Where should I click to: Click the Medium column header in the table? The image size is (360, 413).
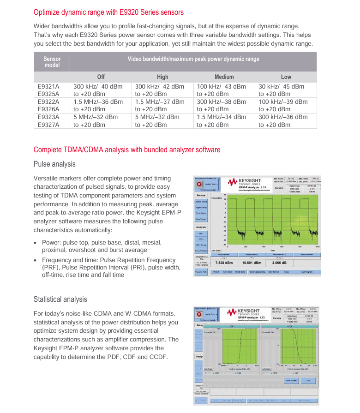224,77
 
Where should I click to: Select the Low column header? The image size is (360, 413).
286,77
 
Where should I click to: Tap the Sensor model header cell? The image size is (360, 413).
52,62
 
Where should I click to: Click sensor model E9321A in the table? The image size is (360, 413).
48,86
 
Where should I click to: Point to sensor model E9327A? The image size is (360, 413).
48,125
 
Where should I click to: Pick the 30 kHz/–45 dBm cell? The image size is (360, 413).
281,86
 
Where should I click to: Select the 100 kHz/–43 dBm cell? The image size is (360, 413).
221,86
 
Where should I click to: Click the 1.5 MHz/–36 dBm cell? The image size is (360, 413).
98,102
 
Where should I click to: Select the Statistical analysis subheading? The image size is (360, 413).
60,299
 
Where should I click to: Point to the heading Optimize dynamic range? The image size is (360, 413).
108,12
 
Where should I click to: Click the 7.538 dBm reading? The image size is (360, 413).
223,263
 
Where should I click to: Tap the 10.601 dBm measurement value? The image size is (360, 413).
252,263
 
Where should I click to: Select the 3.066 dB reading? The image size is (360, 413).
279,263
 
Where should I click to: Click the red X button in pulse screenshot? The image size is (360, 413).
199,184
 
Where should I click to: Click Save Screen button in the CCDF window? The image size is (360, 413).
291,381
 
